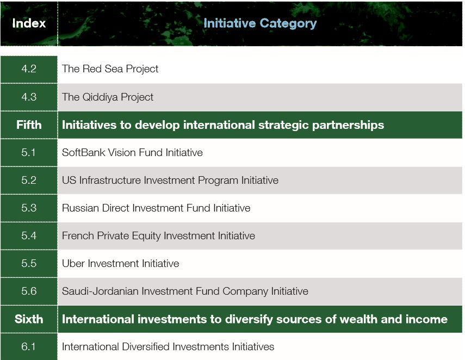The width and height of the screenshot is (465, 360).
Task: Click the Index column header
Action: (29, 23)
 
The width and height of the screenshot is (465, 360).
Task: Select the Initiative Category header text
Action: (260, 23)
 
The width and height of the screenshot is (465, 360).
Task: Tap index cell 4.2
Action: (29, 69)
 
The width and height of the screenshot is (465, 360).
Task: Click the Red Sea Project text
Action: (110, 69)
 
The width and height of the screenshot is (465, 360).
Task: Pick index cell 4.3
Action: (29, 97)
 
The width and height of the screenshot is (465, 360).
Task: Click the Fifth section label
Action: (29, 125)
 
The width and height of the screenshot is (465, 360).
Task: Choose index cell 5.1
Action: (29, 152)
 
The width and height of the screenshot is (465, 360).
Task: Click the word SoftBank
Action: (83, 152)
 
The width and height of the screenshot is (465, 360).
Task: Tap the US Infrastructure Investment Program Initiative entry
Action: (170, 181)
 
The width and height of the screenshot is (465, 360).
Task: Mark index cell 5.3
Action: (29, 208)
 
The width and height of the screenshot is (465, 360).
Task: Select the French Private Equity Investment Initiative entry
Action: (158, 236)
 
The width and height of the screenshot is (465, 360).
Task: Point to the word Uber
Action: (73, 263)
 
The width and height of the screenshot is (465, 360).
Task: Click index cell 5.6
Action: (29, 291)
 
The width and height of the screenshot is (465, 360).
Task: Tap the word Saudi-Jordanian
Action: (100, 291)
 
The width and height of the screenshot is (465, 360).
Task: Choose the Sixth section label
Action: (29, 319)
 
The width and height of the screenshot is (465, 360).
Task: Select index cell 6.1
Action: (29, 346)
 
